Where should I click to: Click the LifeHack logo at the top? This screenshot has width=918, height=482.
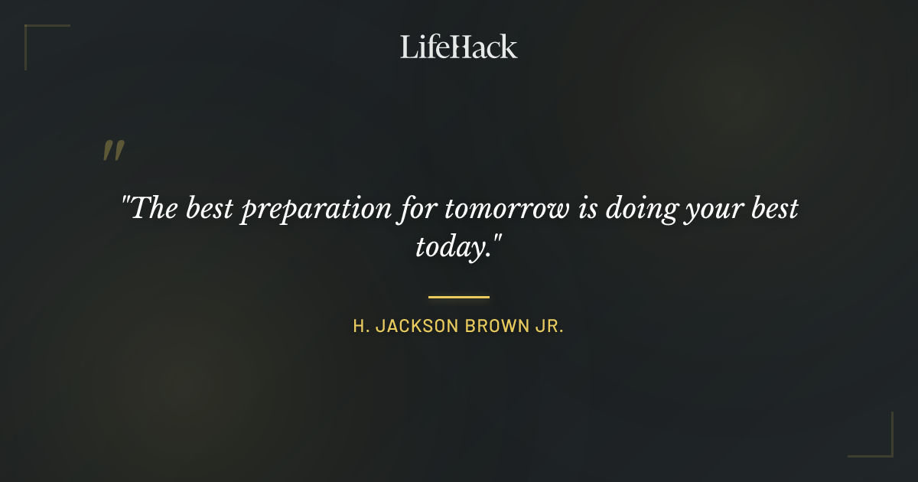pyautogui.click(x=458, y=47)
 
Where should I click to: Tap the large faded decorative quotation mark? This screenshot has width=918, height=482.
pyautogui.click(x=113, y=151)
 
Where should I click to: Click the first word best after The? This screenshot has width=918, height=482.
pyautogui.click(x=211, y=208)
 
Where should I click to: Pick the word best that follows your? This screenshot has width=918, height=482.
pyautogui.click(x=773, y=208)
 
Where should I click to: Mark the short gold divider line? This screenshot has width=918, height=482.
pyautogui.click(x=458, y=297)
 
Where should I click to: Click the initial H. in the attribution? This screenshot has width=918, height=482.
pyautogui.click(x=360, y=327)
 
